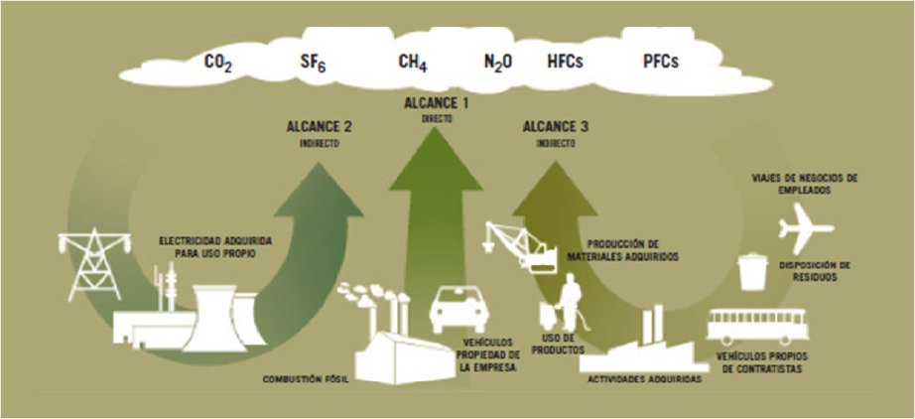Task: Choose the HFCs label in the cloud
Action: click(x=565, y=63)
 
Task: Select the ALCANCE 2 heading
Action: click(x=319, y=127)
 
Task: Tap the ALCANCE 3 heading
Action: click(x=555, y=127)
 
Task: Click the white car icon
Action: click(x=458, y=310)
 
